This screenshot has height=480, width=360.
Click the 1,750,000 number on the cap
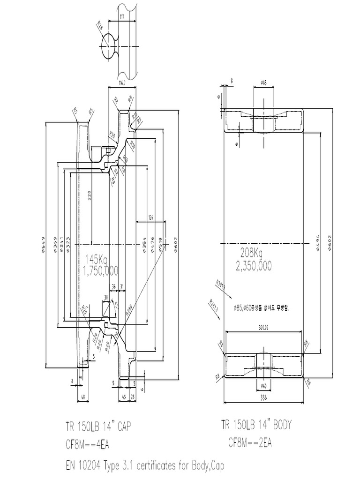[x=100, y=270]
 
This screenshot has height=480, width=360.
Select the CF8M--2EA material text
[x=250, y=442]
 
